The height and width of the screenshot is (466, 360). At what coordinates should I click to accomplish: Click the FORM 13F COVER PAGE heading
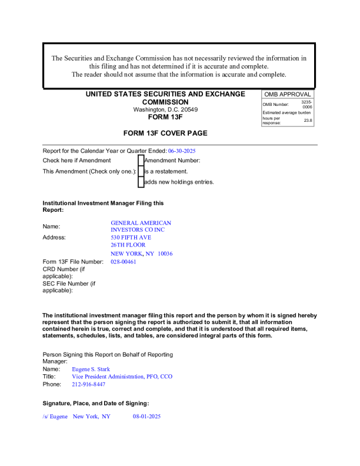coord(165,134)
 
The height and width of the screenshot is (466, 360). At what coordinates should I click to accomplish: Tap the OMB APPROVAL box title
coord(288,94)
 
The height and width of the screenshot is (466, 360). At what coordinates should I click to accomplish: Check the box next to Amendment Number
coord(141,160)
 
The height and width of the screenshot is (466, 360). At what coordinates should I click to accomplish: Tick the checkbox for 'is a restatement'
coord(141,171)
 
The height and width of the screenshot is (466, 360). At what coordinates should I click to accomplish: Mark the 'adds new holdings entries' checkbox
coord(141,182)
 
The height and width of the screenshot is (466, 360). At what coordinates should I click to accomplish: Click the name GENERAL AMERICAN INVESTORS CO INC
coord(141,227)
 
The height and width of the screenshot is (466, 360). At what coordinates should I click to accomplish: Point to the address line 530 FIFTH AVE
coord(131,238)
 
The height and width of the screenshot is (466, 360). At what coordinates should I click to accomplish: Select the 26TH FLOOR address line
coord(128,245)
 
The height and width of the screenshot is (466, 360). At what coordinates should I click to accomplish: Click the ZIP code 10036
coord(165,254)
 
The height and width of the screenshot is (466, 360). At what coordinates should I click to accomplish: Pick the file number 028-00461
coord(123,262)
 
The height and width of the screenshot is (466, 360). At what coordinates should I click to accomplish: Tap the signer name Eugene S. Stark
coord(91,369)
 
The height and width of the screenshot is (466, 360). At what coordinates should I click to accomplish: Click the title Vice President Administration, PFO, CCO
coord(122,377)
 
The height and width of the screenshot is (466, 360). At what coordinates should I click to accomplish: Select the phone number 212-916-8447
coord(88,384)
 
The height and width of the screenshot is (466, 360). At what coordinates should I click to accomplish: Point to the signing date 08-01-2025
coord(146,417)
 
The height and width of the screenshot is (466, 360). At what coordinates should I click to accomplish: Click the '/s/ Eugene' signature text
coord(55,417)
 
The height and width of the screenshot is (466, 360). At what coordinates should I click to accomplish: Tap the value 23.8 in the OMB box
coord(308,120)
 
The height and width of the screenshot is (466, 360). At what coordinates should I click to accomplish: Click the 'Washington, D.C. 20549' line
coord(165,109)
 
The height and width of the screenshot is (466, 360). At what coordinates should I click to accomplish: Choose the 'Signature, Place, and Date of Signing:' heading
coord(96,403)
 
